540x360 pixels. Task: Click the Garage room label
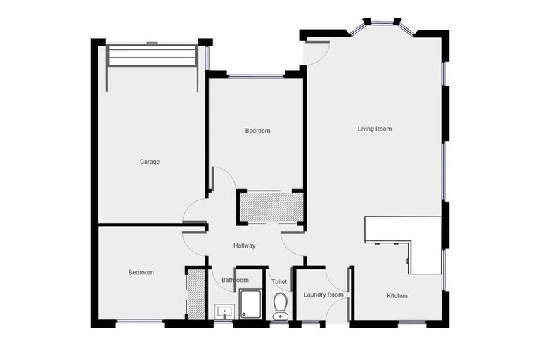click(x=150, y=162)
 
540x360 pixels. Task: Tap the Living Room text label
click(x=374, y=129)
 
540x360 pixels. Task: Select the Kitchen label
click(x=397, y=295)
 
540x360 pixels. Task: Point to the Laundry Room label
click(x=323, y=295)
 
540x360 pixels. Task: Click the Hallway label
click(x=244, y=245)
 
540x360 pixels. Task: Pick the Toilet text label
click(x=280, y=282)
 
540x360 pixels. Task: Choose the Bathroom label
click(x=235, y=280)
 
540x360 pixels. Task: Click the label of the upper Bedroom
click(x=257, y=131)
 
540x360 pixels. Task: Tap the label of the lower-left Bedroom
click(x=141, y=272)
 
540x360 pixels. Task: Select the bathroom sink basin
click(x=224, y=310)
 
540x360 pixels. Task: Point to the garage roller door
click(x=151, y=56)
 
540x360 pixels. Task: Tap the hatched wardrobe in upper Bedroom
click(x=270, y=207)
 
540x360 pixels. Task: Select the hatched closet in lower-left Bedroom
click(x=195, y=293)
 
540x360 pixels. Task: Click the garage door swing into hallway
click(x=194, y=209)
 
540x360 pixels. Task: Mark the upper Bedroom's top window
click(x=256, y=75)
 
